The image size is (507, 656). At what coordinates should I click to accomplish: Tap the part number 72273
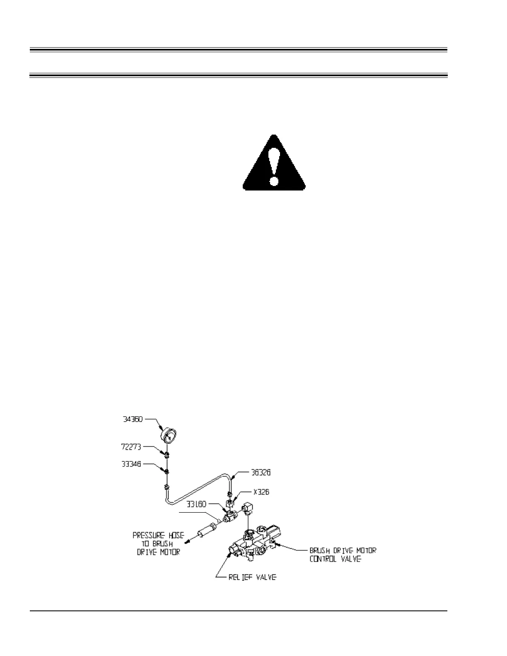pyautogui.click(x=131, y=447)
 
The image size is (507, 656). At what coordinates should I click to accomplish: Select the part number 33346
pyautogui.click(x=131, y=464)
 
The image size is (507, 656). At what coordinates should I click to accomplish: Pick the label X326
pyautogui.click(x=261, y=492)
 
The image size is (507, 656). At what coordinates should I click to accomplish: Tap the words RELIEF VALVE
pyautogui.click(x=252, y=577)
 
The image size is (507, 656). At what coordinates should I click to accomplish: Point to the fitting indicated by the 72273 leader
pyautogui.click(x=167, y=455)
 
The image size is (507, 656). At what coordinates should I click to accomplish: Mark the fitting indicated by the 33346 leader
pyautogui.click(x=167, y=471)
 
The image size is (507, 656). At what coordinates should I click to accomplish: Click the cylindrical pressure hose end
pyautogui.click(x=206, y=531)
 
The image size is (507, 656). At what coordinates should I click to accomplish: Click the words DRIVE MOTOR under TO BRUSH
pyautogui.click(x=158, y=552)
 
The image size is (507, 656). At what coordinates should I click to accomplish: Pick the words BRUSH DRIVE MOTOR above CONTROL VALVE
pyautogui.click(x=343, y=550)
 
